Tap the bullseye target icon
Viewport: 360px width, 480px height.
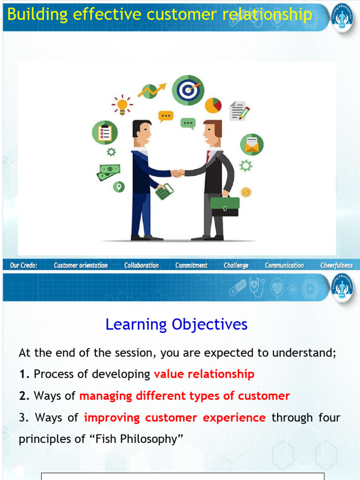click(187, 90)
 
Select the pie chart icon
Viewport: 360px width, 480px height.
click(213, 105)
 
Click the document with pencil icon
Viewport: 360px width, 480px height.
click(239, 111)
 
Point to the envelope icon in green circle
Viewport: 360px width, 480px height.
click(252, 144)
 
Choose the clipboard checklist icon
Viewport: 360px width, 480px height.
click(105, 132)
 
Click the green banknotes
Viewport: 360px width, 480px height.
click(109, 172)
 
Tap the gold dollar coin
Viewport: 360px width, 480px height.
click(246, 192)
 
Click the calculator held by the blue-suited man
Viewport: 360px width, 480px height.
click(165, 191)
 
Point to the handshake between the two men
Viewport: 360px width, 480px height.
click(178, 173)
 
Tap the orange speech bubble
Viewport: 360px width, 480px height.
click(166, 116)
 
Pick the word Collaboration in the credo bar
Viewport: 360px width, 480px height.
click(142, 265)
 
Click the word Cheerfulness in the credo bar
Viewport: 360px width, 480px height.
click(336, 265)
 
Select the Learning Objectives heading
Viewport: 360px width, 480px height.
click(176, 324)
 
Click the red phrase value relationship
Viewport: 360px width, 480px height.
click(204, 374)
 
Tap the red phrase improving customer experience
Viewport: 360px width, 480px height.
click(175, 417)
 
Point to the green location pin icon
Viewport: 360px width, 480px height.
click(119, 187)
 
